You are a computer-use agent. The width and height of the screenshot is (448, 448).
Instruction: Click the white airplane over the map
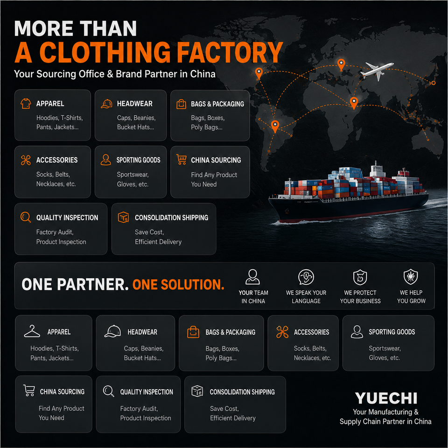click(x=377, y=70)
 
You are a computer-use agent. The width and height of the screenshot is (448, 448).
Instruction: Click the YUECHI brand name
click(x=386, y=398)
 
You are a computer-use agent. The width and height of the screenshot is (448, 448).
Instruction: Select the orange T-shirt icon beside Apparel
click(x=26, y=104)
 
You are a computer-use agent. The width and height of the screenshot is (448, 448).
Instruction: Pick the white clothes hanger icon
click(x=32, y=331)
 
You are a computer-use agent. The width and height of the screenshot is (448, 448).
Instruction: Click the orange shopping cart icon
click(x=182, y=160)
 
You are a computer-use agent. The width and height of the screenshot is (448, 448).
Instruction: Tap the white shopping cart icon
click(x=29, y=391)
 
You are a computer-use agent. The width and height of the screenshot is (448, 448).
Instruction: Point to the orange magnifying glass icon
click(x=26, y=217)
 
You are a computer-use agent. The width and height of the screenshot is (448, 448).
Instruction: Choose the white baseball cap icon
click(x=112, y=331)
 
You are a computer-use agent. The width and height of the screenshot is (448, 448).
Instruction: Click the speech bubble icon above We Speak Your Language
click(x=306, y=277)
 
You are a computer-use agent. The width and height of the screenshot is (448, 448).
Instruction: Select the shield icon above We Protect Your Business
click(x=360, y=277)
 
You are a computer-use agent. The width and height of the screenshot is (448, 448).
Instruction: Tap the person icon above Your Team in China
click(x=252, y=277)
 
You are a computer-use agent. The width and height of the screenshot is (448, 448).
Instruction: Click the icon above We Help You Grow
click(x=411, y=277)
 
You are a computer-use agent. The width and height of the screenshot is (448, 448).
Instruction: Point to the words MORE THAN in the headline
click(x=76, y=28)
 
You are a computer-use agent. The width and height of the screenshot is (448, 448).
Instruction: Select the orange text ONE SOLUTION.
click(x=178, y=285)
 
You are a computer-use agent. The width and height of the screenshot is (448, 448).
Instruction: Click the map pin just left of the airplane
click(x=341, y=65)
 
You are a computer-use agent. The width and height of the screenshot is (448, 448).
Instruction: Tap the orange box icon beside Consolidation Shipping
click(x=123, y=217)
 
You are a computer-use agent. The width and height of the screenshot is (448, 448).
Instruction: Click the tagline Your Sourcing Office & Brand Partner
click(x=115, y=74)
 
